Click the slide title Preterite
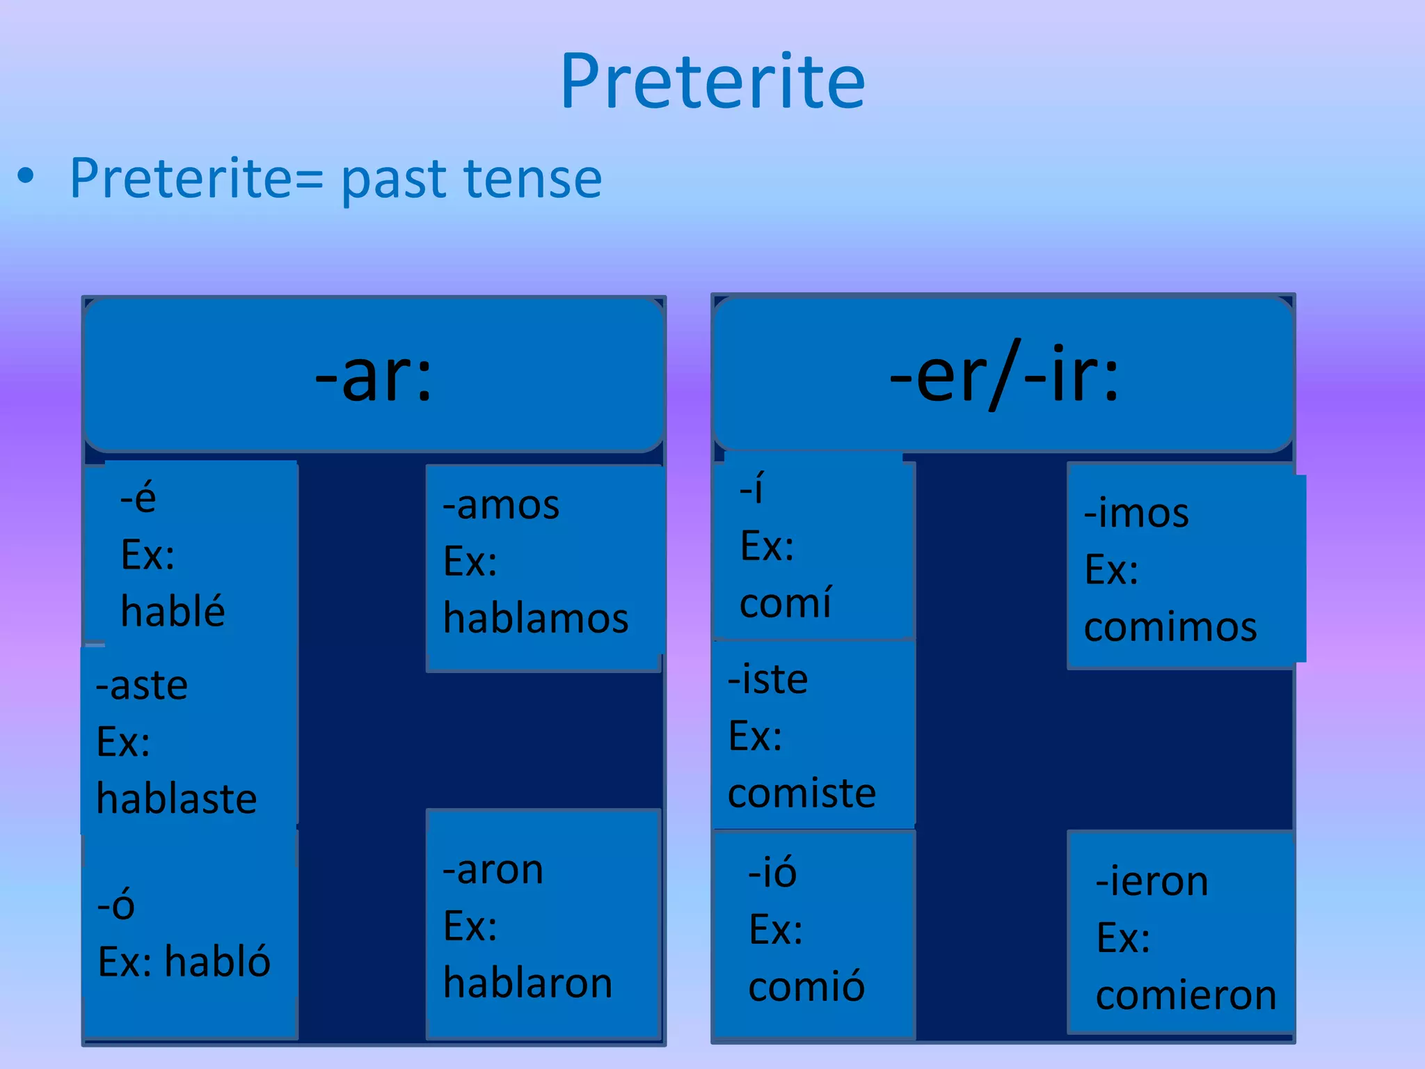coord(712,82)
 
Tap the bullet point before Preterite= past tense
coord(26,176)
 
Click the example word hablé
coord(173,611)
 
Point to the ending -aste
coord(142,686)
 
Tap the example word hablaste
coord(176,798)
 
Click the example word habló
coord(217,962)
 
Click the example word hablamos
coord(536,618)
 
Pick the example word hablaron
coord(527,983)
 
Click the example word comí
coord(785,602)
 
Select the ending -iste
coord(767,679)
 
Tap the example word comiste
coord(802,793)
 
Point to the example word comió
coord(806,986)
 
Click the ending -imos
coord(1136,514)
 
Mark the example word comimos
coord(1170,627)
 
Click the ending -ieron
coord(1152,882)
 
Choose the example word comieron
coord(1186,995)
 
